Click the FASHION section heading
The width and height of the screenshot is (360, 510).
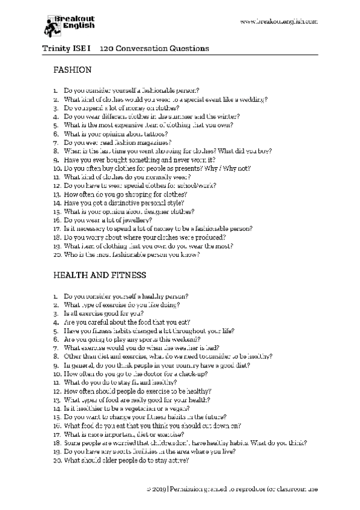pyautogui.click(x=72, y=70)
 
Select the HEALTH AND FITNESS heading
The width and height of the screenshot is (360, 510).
pyautogui.click(x=100, y=275)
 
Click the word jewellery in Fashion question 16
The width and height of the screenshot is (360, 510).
pyautogui.click(x=139, y=221)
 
